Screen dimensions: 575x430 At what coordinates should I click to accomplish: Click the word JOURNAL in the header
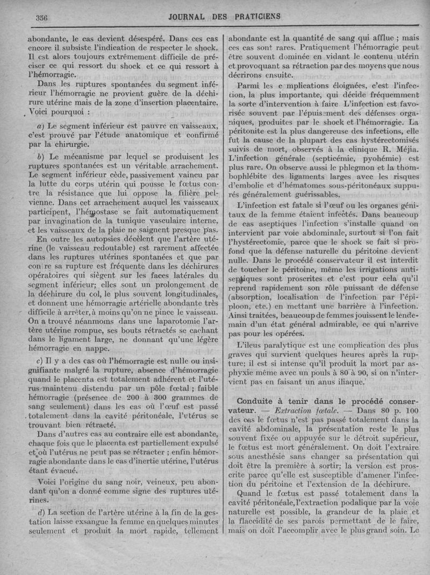(x=186, y=16)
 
